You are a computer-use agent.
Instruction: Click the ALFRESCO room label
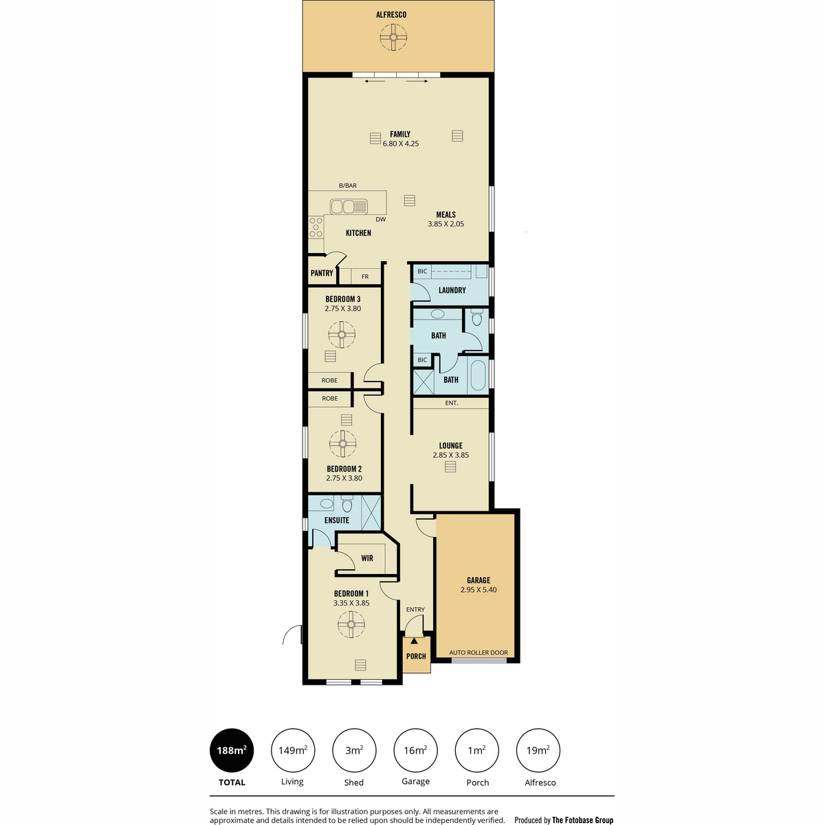tap(391, 15)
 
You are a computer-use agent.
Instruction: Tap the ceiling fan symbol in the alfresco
tap(393, 38)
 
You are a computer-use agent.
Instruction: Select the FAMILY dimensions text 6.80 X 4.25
tap(400, 144)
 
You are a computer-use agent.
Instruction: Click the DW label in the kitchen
tap(381, 219)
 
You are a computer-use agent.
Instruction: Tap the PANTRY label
tap(322, 273)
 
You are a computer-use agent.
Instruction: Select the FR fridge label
tap(365, 277)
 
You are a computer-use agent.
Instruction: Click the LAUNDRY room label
tap(452, 290)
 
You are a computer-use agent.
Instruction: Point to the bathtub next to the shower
tap(478, 375)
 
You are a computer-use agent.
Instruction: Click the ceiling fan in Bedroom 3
tap(342, 335)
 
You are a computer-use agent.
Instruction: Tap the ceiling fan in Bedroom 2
tap(342, 444)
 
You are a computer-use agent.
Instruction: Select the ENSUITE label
tap(336, 520)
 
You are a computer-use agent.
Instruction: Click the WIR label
tap(367, 558)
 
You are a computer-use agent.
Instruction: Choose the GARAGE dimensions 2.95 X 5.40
tap(478, 589)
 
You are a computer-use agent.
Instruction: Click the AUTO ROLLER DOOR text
tap(478, 652)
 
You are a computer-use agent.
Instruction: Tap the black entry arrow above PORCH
tap(414, 641)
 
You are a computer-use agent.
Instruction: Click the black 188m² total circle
tap(232, 751)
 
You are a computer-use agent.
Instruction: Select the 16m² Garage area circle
tap(415, 751)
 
